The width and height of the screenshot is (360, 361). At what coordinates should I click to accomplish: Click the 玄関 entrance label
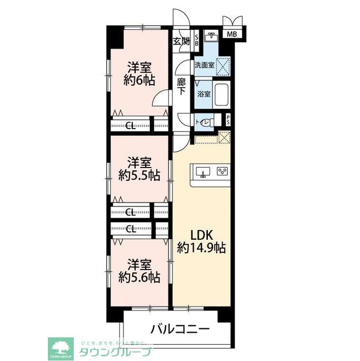coord(181,41)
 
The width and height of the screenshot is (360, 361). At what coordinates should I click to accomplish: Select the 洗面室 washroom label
coord(204,65)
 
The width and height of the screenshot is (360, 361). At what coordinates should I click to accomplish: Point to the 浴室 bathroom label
coord(203,94)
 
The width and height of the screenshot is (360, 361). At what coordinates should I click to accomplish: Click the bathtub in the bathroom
coord(221,94)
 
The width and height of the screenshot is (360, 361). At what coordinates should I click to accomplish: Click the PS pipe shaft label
coord(228,120)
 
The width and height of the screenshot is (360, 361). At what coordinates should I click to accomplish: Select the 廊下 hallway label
coord(181,86)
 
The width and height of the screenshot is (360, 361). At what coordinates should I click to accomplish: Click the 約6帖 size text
coord(140,80)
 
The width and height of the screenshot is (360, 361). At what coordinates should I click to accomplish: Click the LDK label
coord(201,234)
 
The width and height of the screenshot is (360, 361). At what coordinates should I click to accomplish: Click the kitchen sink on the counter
coord(203,171)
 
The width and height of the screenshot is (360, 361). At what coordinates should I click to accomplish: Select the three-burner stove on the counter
coord(221,171)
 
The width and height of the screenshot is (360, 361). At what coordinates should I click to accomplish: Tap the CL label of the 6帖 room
coord(130,126)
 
